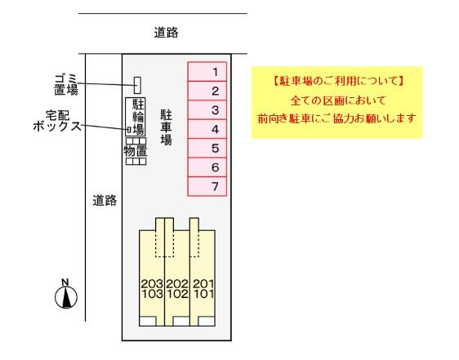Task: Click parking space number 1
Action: coord(207,72)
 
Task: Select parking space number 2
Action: coord(207,91)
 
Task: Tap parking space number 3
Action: coord(207,110)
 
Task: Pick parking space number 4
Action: coord(207,129)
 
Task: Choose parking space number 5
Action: coord(207,148)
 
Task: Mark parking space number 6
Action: coord(207,167)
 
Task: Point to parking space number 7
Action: coord(207,186)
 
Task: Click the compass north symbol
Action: coord(66,294)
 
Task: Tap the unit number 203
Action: coord(152,283)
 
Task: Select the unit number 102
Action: coord(177,294)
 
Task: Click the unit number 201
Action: coord(203,283)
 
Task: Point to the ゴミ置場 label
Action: coord(66,85)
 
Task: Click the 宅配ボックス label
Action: coord(57,121)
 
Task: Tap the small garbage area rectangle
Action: coord(137,85)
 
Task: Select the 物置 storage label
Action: coord(136,151)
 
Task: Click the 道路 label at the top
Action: coord(166,33)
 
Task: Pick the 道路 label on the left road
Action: coord(105,201)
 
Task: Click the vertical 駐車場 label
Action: coord(166,127)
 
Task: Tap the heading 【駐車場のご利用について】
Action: coord(337,81)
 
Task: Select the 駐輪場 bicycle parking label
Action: coord(138,117)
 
